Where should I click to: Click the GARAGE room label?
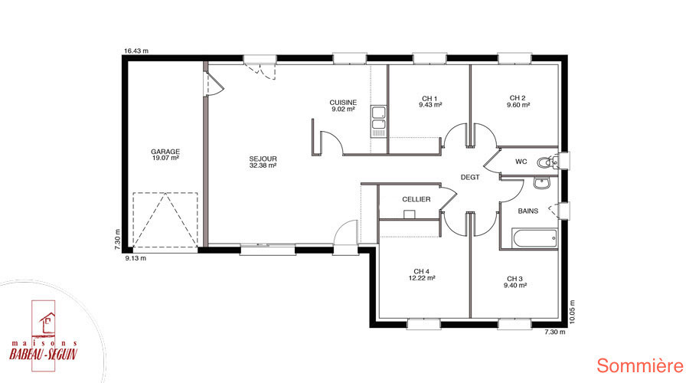[165, 152]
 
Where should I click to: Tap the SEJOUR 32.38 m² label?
[263, 162]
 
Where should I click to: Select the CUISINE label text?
[343, 103]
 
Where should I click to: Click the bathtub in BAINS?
[534, 239]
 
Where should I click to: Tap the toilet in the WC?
[547, 162]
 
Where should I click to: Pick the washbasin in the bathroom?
[542, 183]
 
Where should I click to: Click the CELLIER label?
[416, 199]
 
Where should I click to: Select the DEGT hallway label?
[470, 177]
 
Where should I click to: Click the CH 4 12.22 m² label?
[422, 275]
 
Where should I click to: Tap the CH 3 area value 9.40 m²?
[515, 286]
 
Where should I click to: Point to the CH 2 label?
[518, 98]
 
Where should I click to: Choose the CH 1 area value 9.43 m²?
[430, 105]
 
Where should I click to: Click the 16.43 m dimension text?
[136, 51]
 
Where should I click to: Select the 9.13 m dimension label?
[136, 258]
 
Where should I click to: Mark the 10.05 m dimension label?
[572, 312]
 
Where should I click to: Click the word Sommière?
[640, 366]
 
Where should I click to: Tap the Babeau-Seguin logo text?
[44, 354]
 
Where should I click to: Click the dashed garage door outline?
[165, 220]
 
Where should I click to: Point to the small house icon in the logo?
[47, 322]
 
